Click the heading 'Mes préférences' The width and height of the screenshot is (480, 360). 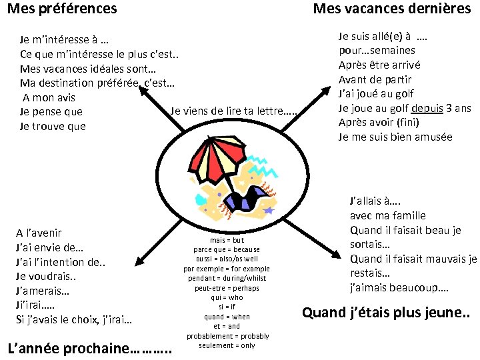click(x=62, y=9)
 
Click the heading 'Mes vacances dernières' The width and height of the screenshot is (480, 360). click(x=391, y=9)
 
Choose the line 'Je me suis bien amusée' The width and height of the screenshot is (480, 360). click(x=395, y=137)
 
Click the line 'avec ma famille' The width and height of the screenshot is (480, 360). click(x=387, y=215)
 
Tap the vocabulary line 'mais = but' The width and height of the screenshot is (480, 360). click(x=227, y=240)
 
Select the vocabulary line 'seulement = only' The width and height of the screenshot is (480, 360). click(x=227, y=345)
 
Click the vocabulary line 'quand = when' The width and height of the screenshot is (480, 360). click(x=227, y=317)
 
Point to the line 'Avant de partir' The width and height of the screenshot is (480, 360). click(x=376, y=79)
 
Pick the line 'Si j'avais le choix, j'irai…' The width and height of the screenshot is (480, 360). click(x=73, y=320)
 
